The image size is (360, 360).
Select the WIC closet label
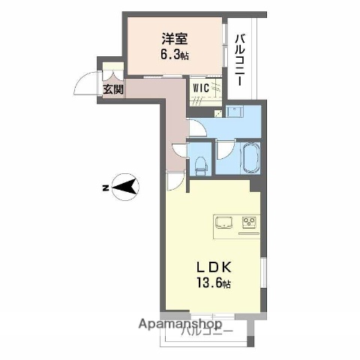coord(200,88)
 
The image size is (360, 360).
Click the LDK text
coord(213,268)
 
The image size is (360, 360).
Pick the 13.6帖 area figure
coord(214,284)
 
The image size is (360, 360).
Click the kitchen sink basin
coord(225,223)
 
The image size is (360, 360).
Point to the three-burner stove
coord(249,223)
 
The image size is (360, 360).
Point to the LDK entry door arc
coord(173,181)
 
